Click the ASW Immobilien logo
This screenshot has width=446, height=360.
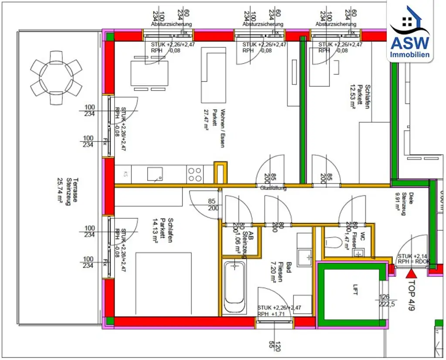click(x=409, y=33)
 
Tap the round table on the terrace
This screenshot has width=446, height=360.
click(x=56, y=78)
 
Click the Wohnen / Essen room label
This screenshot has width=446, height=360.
click(x=223, y=128)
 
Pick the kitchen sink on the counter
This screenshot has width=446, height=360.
click(x=155, y=174)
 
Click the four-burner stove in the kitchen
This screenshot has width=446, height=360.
click(x=195, y=174)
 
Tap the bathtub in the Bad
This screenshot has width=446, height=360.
click(x=234, y=283)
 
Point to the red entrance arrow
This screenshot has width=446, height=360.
click(x=411, y=273)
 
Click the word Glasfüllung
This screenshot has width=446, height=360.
click(x=274, y=189)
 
